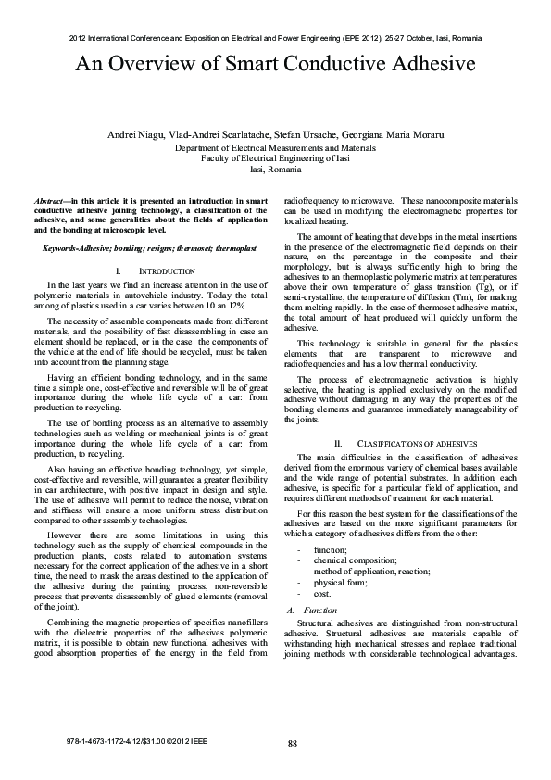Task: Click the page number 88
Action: coord(293,743)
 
